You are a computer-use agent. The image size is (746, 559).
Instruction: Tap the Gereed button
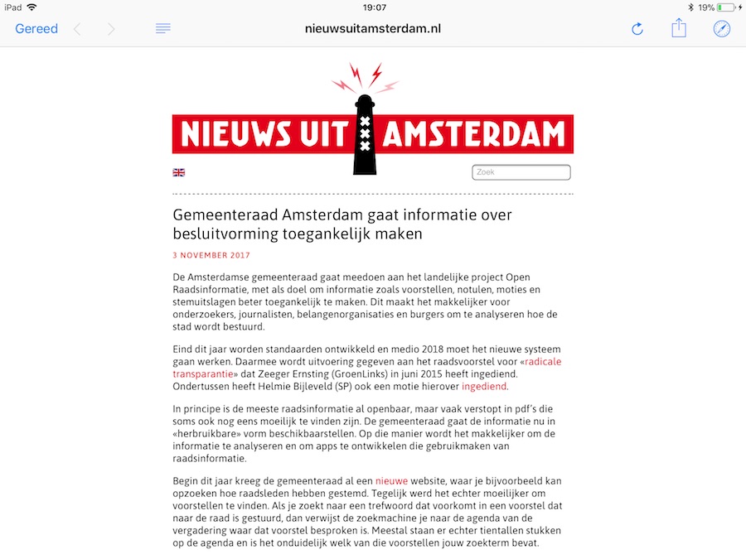pyautogui.click(x=36, y=29)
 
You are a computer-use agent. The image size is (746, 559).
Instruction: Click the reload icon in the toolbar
pyautogui.click(x=637, y=29)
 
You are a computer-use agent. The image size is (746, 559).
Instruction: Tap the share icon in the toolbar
pyautogui.click(x=679, y=28)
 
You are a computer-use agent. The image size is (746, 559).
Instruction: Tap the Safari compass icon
pyautogui.click(x=722, y=29)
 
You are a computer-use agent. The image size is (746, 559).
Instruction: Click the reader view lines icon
pyautogui.click(x=163, y=29)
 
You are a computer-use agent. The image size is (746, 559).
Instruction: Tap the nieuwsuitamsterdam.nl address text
pyautogui.click(x=373, y=28)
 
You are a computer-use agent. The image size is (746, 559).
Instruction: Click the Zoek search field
pyautogui.click(x=521, y=172)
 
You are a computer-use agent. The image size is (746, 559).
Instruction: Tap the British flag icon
pyautogui.click(x=178, y=172)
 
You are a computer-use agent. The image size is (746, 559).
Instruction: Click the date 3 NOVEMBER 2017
pyautogui.click(x=211, y=255)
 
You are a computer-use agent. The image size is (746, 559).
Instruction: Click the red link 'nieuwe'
pyautogui.click(x=391, y=480)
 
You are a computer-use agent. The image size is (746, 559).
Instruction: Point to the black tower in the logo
pyautogui.click(x=365, y=133)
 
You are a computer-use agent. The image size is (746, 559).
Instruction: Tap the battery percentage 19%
pyautogui.click(x=705, y=7)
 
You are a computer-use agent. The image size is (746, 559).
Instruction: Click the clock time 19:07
pyautogui.click(x=375, y=7)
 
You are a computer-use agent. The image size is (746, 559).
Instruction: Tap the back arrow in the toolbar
pyautogui.click(x=77, y=29)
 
